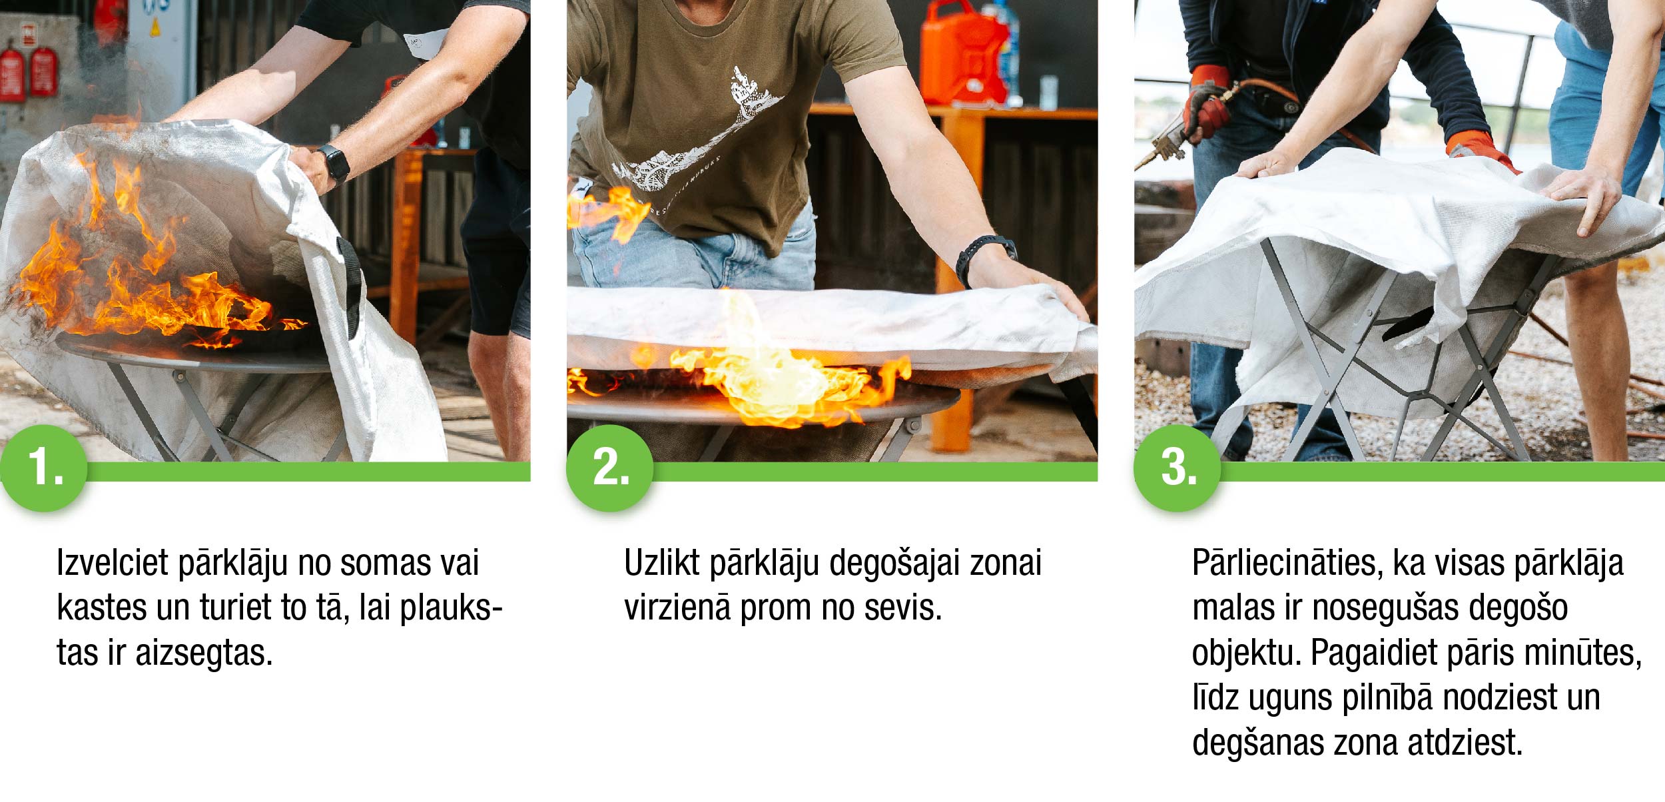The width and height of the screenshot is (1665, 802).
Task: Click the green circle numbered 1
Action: [x=44, y=468]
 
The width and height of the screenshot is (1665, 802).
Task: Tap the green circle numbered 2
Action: [x=610, y=468]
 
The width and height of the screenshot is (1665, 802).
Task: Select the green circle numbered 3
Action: [x=1177, y=468]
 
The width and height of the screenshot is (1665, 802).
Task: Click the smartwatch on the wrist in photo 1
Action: [x=334, y=164]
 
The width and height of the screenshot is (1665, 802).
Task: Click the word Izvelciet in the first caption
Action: [x=112, y=563]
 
